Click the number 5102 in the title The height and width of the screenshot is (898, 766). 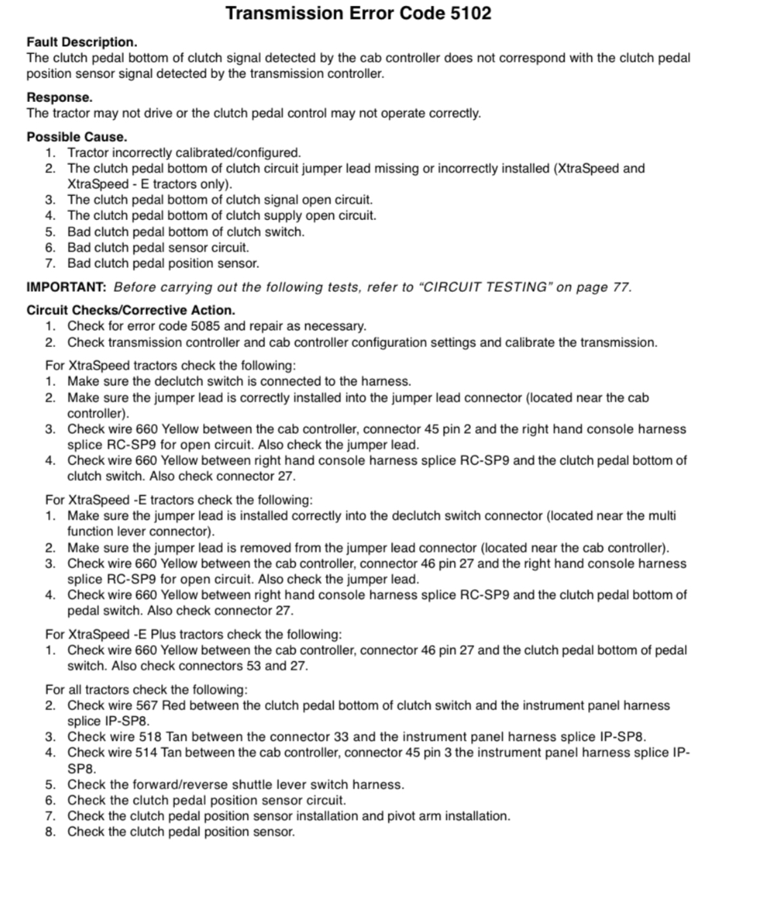click(x=471, y=13)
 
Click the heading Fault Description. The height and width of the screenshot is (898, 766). click(x=82, y=42)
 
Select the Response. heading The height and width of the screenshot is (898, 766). click(x=59, y=98)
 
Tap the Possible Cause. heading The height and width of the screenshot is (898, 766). click(x=77, y=137)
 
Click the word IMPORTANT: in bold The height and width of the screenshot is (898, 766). click(x=66, y=288)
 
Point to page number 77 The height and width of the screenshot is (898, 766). click(x=620, y=288)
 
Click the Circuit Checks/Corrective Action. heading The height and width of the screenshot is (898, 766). click(x=130, y=310)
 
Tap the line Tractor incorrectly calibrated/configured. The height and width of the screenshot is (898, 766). click(x=184, y=153)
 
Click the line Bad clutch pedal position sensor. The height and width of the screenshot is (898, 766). click(x=163, y=264)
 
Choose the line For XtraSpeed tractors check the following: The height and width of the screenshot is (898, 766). click(x=170, y=366)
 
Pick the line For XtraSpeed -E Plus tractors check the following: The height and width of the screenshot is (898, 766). click(x=193, y=634)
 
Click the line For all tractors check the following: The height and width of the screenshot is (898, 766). click(x=146, y=689)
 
